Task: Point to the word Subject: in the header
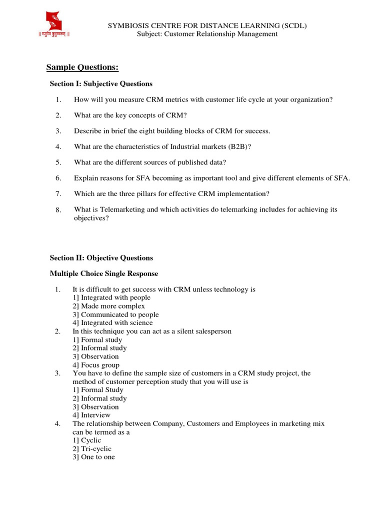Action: (x=150, y=34)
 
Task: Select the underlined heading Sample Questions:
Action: (x=82, y=67)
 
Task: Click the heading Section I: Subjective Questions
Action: (x=101, y=83)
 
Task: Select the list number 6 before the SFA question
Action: (x=58, y=178)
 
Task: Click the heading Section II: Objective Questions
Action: (x=101, y=258)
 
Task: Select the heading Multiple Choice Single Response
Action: (x=103, y=273)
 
